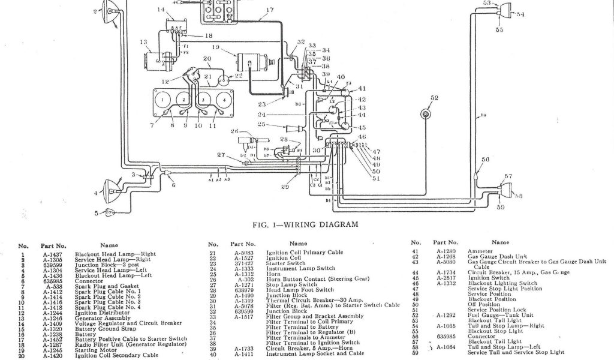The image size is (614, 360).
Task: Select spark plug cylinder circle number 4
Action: point(224,98)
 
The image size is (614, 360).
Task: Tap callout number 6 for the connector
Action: point(173,185)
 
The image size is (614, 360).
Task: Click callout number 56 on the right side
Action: point(485,159)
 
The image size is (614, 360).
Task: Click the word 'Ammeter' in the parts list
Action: point(481,250)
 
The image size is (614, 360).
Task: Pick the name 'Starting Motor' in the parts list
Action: point(93,352)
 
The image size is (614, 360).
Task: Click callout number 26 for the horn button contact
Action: point(234,131)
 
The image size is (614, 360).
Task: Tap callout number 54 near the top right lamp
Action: point(519,14)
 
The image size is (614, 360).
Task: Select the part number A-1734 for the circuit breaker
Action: point(446,272)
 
